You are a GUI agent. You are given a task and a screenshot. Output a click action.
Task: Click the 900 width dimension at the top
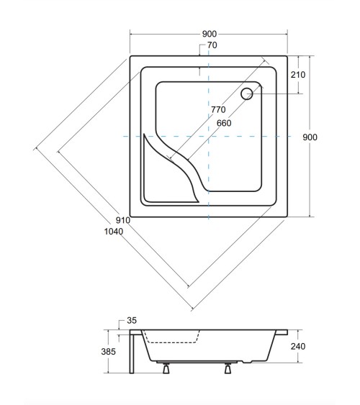pos(210,34)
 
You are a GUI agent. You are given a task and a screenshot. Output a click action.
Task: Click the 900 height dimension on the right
pos(310,137)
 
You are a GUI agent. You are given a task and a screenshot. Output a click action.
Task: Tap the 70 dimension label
pos(212,45)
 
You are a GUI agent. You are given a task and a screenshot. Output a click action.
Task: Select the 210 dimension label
pos(298,75)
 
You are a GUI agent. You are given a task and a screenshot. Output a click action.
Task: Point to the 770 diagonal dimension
pos(218,109)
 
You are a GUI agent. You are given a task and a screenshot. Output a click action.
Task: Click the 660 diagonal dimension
pos(224,123)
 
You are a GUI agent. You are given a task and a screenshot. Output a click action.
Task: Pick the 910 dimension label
pos(122,220)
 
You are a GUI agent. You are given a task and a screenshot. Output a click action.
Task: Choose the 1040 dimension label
pos(114,232)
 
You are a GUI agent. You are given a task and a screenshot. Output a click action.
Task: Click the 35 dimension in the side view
pos(132,321)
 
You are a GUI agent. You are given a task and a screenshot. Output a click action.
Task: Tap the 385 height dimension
pos(108,352)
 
